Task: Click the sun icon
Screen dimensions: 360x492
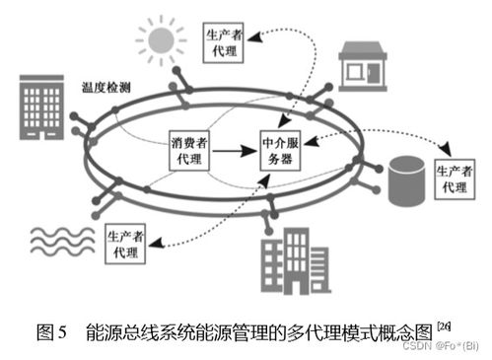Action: (x=160, y=40)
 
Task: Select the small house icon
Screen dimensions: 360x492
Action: (x=362, y=63)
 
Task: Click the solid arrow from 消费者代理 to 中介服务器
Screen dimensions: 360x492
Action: (x=236, y=153)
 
